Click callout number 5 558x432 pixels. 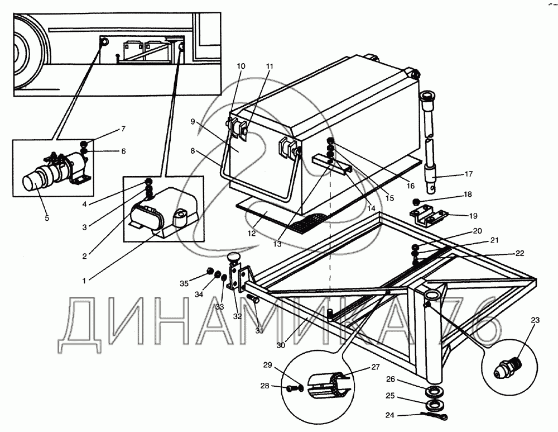click(x=47, y=219)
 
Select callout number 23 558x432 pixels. click(x=536, y=320)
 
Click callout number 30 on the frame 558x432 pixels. click(x=281, y=345)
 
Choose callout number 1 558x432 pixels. click(x=84, y=279)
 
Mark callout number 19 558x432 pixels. click(x=473, y=215)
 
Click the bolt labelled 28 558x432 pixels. click(x=292, y=386)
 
